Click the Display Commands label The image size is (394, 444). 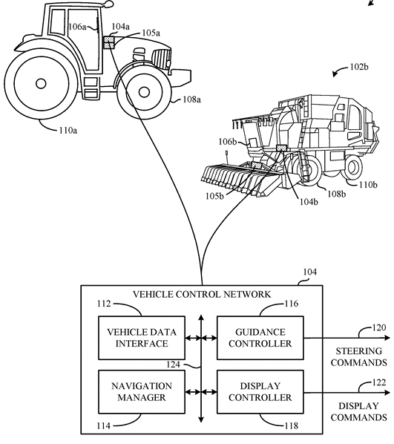(358, 412)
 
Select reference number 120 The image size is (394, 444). (377, 327)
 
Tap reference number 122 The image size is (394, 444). (377, 383)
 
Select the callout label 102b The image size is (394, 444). (359, 68)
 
